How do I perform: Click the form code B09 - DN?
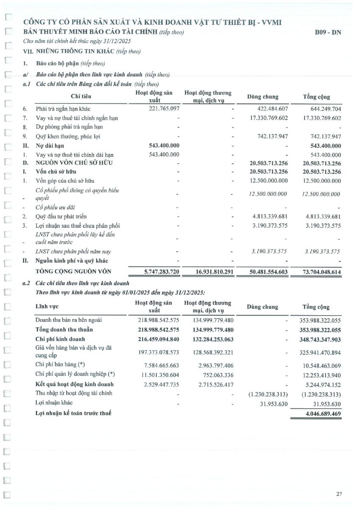pos(328,32)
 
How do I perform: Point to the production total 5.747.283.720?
pos(156,271)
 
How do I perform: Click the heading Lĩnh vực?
pos(47,306)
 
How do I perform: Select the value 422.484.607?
pos(268,109)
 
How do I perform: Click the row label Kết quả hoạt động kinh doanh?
pos(74,384)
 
